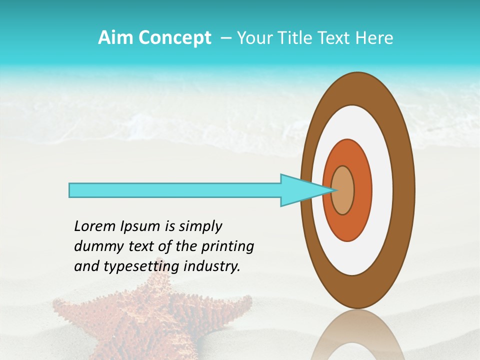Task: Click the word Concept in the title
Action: (x=173, y=38)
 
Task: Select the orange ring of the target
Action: (x=362, y=190)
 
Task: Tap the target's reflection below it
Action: (x=358, y=337)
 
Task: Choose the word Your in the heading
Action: (x=252, y=38)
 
